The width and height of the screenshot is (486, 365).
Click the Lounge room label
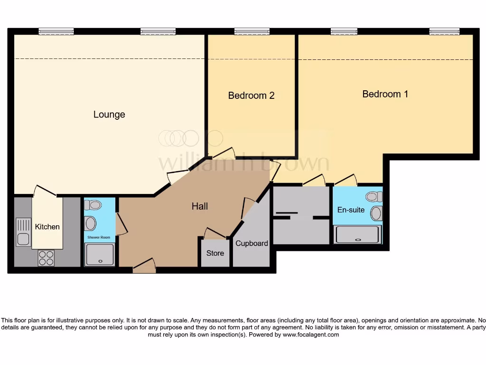109,115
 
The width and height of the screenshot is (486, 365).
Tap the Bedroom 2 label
251,96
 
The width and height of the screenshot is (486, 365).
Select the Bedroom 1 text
385,94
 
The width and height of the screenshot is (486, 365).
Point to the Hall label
200,206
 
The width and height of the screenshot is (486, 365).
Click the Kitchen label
47,227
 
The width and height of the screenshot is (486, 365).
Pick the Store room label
215,253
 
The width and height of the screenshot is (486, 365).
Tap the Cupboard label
252,243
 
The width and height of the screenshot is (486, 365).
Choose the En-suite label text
351,210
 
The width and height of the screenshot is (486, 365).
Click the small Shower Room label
99,237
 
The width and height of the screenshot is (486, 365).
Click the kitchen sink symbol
23,231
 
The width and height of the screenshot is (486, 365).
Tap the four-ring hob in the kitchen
46,258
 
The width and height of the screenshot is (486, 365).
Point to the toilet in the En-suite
374,196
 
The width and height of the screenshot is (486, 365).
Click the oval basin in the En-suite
376,213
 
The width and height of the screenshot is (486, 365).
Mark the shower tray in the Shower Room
100,254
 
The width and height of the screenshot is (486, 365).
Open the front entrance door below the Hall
144,267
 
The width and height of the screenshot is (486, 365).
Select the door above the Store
215,233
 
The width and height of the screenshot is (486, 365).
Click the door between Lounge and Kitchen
45,191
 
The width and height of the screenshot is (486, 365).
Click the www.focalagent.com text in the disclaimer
311,335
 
